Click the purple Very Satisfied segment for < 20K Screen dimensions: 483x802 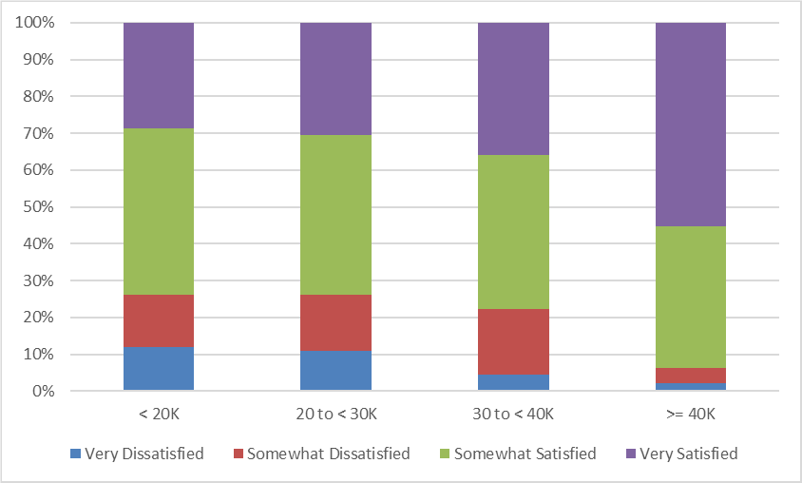pos(159,75)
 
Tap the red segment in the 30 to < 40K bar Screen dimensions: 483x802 pos(513,341)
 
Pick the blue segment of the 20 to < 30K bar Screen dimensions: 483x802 pos(335,371)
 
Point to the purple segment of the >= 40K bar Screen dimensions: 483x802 pos(691,124)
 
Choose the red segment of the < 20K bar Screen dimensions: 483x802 pos(159,321)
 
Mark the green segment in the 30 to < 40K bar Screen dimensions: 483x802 pos(513,232)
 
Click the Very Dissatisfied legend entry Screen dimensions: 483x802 pos(143,454)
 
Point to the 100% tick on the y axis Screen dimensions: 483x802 pos(35,23)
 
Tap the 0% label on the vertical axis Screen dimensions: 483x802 pos(43,391)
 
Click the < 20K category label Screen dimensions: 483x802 pos(159,415)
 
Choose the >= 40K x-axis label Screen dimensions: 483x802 pos(691,415)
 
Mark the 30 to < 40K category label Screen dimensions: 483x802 pos(513,415)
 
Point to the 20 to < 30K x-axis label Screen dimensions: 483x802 pos(335,415)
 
